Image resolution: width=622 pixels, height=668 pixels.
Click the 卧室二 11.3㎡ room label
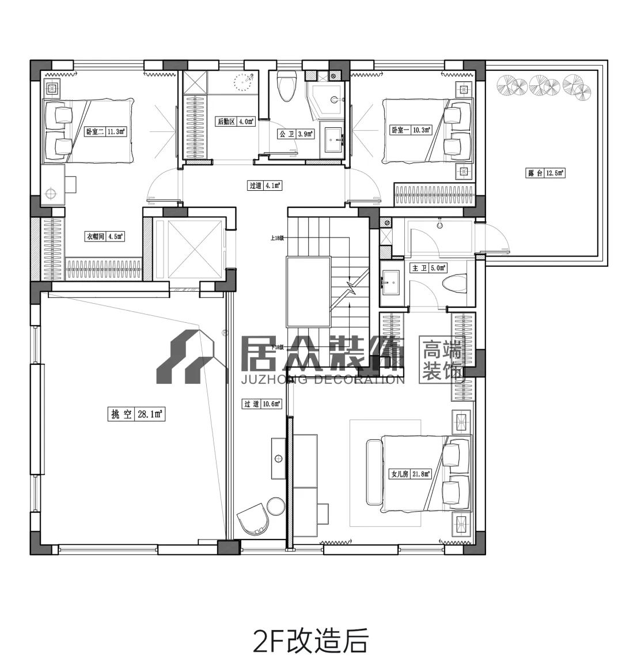pyautogui.click(x=105, y=131)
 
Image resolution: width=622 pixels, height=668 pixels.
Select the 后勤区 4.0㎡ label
pyautogui.click(x=235, y=122)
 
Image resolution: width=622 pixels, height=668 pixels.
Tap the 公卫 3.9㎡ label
pyautogui.click(x=296, y=134)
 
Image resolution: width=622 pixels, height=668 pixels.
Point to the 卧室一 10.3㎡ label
pyautogui.click(x=411, y=130)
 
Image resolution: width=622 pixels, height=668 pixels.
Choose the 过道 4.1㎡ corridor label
pyautogui.click(x=264, y=186)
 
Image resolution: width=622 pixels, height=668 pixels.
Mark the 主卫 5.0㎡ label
pyautogui.click(x=428, y=268)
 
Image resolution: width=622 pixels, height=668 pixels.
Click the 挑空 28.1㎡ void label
pyautogui.click(x=136, y=414)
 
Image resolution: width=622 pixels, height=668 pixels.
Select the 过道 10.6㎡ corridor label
pyautogui.click(x=262, y=404)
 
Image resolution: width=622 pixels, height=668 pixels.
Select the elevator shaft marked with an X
pyautogui.click(x=189, y=248)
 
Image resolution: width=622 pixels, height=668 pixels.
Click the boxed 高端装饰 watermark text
pyautogui.click(x=442, y=360)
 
